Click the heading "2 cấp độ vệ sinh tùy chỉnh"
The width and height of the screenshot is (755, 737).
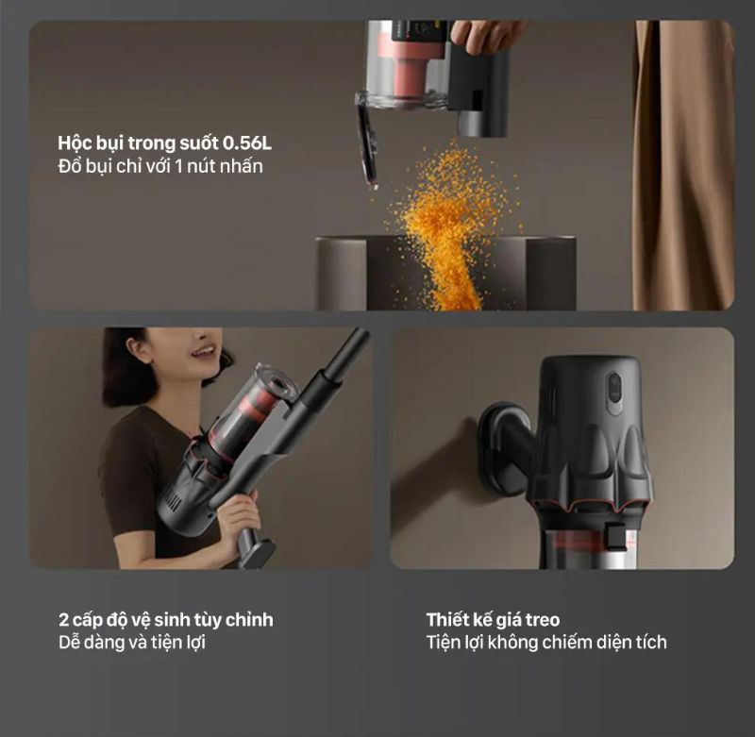coord(166,620)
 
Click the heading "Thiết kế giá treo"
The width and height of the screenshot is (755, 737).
coord(493,620)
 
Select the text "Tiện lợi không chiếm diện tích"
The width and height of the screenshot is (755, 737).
coord(546,643)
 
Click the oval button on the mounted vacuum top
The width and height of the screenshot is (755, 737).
coord(614,393)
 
